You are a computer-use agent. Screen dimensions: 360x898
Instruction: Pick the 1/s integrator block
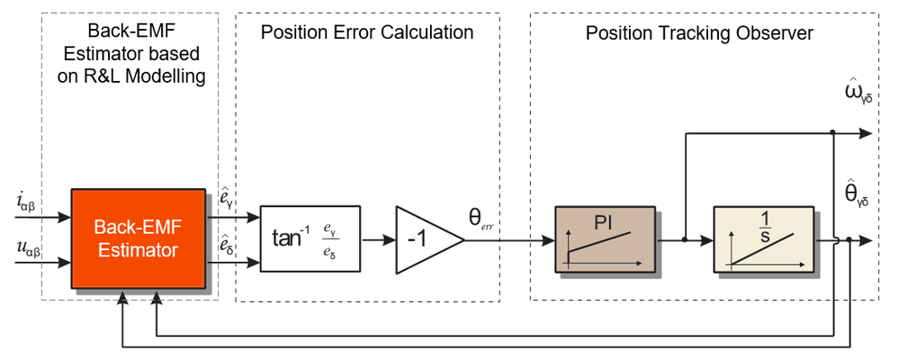[x=762, y=238]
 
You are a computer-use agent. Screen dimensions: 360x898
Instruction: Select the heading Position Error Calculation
[x=367, y=33]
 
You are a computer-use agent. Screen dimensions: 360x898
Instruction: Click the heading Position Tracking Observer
[x=699, y=33]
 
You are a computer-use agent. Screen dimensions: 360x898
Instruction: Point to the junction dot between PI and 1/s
[x=686, y=240]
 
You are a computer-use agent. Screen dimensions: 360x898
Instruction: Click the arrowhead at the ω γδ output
[x=867, y=133]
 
